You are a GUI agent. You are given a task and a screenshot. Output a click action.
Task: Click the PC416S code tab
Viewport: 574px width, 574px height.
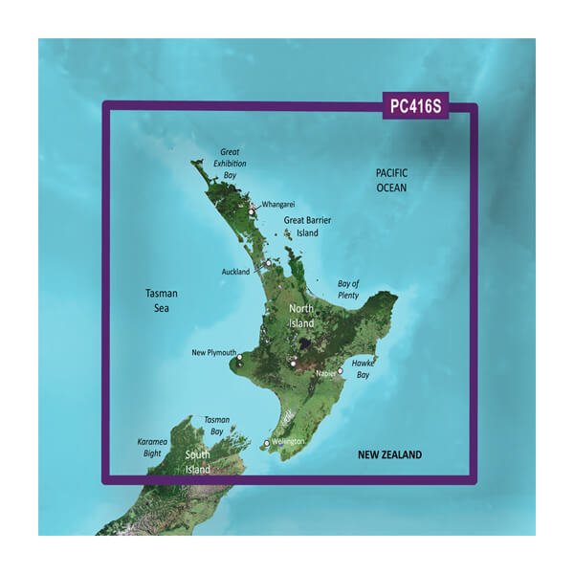coord(416,105)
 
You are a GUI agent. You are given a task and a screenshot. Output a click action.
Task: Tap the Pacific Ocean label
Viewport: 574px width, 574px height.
coord(391,180)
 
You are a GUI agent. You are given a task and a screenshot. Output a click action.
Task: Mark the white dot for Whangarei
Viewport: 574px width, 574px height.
coord(252,211)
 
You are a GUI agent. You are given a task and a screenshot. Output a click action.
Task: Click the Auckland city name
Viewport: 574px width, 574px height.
coord(235,273)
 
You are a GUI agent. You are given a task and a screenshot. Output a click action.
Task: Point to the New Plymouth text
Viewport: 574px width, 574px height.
coord(214,353)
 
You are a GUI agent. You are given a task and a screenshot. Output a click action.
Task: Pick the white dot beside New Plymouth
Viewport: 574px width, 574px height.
coord(239,360)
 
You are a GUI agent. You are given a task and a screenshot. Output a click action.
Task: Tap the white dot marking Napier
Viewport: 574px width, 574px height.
coord(340,370)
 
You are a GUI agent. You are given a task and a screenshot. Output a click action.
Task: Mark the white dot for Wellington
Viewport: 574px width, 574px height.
coord(267,443)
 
